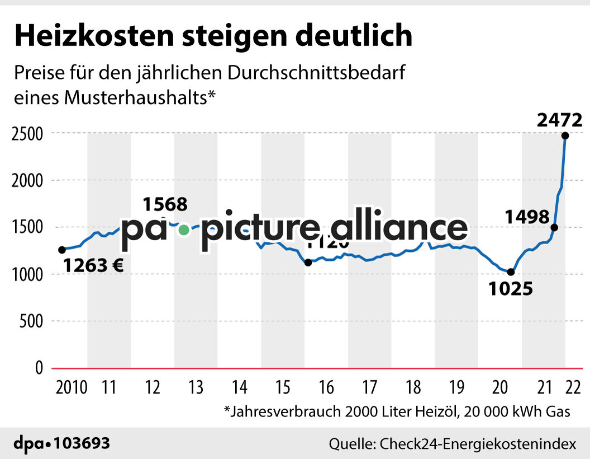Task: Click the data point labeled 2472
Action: tap(565, 135)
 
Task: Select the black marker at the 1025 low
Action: tap(510, 272)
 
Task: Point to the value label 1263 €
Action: tap(93, 265)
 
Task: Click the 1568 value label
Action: tap(165, 204)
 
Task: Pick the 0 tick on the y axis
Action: tap(39, 368)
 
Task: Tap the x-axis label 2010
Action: tap(71, 387)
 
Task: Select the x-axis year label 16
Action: tap(326, 387)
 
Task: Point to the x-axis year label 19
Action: tap(456, 387)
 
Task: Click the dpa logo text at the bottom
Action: tap(30, 444)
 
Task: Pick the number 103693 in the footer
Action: tap(82, 444)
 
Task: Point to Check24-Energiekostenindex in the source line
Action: tap(477, 444)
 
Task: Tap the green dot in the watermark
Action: tap(183, 230)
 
